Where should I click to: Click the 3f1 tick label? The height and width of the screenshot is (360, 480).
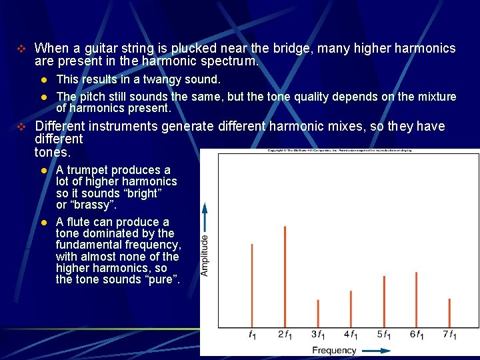click(x=318, y=334)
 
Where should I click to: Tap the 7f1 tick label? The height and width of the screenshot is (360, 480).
click(x=450, y=334)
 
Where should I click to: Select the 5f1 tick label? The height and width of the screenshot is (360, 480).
click(x=384, y=334)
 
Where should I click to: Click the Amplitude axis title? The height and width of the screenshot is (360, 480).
click(x=205, y=255)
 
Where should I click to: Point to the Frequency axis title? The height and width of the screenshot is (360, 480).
click(x=335, y=350)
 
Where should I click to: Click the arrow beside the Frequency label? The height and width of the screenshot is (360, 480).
click(x=376, y=350)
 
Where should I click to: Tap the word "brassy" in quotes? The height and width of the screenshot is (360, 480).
click(x=91, y=205)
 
